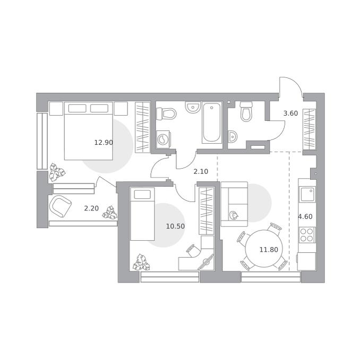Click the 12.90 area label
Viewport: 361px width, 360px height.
click(x=104, y=143)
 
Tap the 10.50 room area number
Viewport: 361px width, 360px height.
click(x=175, y=226)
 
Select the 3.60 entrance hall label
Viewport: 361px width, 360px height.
click(x=290, y=113)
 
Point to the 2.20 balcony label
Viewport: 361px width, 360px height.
click(x=91, y=208)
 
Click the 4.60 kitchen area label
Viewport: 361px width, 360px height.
click(x=305, y=216)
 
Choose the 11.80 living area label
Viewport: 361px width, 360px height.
click(x=269, y=249)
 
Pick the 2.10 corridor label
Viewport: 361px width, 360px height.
click(x=201, y=171)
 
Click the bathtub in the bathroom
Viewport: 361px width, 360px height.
click(x=212, y=123)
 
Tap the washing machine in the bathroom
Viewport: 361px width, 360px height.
click(x=163, y=139)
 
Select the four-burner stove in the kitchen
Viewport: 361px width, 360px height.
click(x=307, y=235)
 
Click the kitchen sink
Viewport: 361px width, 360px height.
click(x=307, y=194)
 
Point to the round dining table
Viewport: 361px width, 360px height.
click(x=264, y=249)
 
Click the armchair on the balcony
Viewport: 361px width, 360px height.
click(x=61, y=206)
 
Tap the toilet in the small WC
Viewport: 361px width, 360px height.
click(x=246, y=111)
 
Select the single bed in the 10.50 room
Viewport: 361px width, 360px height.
click(x=142, y=214)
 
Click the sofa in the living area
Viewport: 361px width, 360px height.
click(x=234, y=204)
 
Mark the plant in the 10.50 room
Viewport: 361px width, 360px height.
click(x=141, y=262)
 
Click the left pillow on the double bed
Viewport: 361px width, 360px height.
click(x=78, y=108)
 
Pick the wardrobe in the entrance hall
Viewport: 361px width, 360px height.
click(x=309, y=129)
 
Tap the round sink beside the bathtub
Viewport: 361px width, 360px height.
click(x=193, y=107)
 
